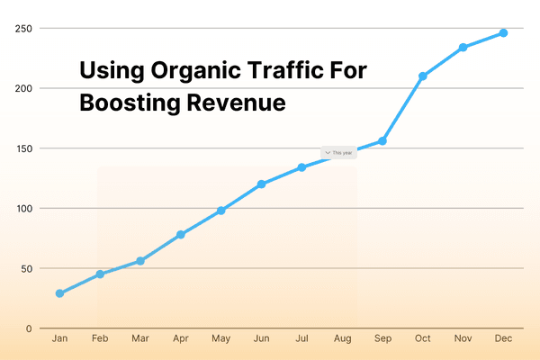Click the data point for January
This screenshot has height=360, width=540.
point(59,293)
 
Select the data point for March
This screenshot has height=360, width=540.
point(139,261)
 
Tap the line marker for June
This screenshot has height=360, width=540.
point(261,184)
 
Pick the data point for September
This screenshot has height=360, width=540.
point(382,141)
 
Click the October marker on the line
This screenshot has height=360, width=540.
point(422,76)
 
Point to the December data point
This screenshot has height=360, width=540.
point(503,33)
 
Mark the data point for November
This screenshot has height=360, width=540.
point(463,48)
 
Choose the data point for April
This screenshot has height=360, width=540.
point(180,235)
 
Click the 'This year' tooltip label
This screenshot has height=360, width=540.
point(339,153)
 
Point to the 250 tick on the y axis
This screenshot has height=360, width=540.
point(24,29)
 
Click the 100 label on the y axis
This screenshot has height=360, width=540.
point(24,209)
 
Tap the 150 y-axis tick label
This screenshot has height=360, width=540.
point(24,148)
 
